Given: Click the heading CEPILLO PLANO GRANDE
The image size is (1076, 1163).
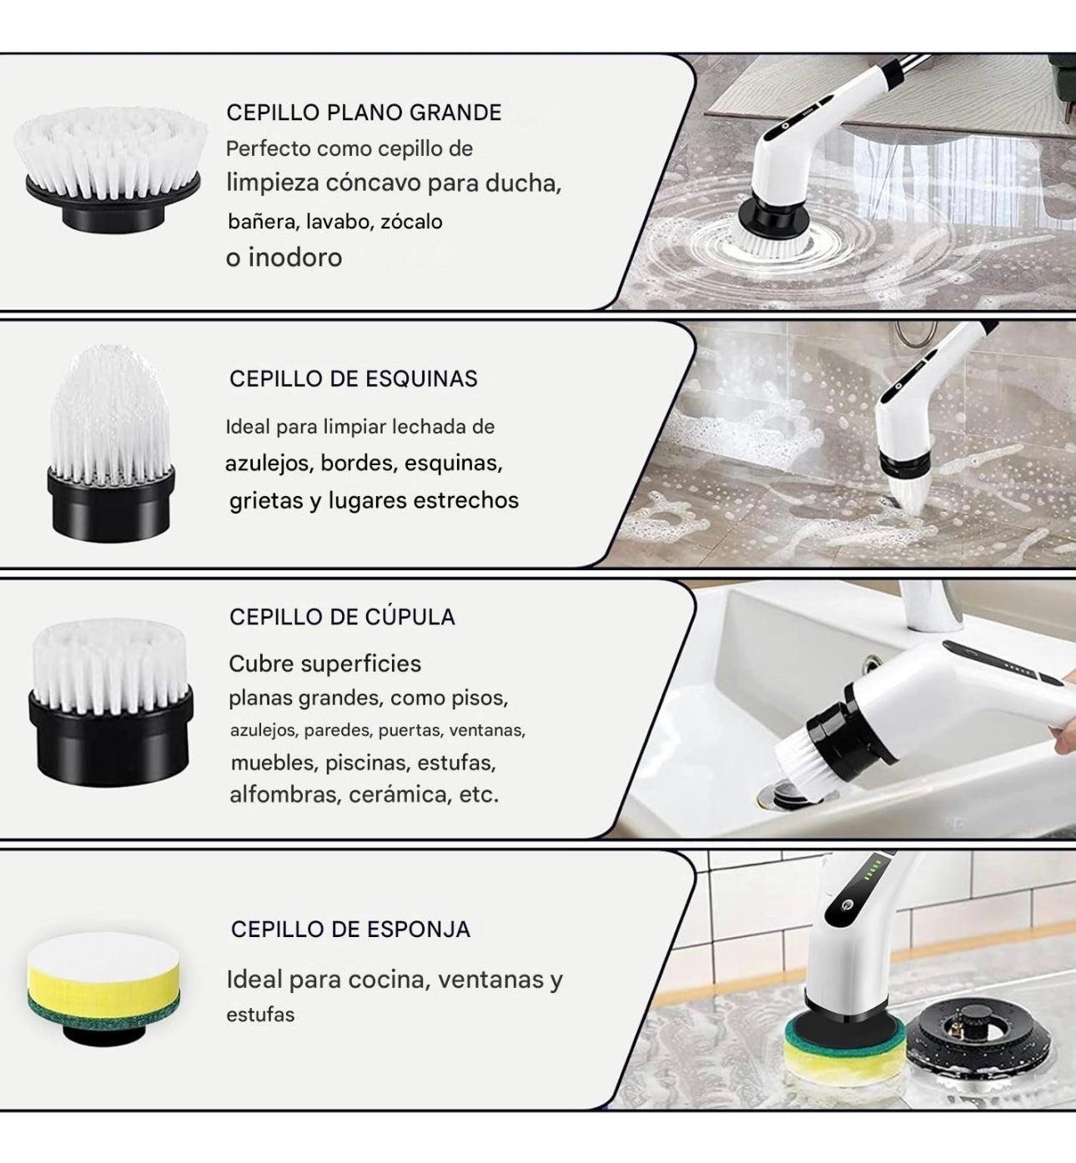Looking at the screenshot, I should [364, 113].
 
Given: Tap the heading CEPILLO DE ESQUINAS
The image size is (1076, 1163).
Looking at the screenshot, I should [353, 378].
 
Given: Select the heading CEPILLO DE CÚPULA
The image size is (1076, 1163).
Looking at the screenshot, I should [342, 617].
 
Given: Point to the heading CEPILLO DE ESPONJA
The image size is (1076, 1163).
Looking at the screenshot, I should [350, 929].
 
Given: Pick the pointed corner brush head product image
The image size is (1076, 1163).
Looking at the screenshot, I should [110, 441].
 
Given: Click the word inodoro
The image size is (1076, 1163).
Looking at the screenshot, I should [294, 258].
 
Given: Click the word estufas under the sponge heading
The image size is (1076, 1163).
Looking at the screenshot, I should [260, 1015].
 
